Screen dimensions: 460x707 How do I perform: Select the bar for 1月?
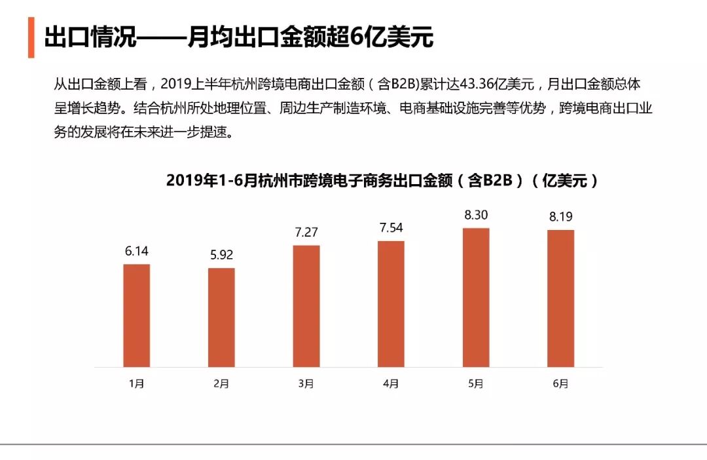tap(137, 315)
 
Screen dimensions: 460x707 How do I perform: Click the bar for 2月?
tap(221, 317)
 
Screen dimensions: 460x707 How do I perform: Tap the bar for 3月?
tap(306, 306)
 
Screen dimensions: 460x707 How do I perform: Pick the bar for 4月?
tap(391, 303)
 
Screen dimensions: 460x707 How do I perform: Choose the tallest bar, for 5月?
tap(476, 297)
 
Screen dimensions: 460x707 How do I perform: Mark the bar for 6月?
tap(560, 298)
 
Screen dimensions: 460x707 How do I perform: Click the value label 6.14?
tap(137, 250)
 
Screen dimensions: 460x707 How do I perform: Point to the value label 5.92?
tap(221, 254)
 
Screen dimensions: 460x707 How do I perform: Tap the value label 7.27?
tap(306, 232)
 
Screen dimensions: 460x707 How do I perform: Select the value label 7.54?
tap(391, 227)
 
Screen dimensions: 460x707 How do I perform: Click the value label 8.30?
tap(476, 214)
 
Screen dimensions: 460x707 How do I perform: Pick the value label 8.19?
tap(561, 216)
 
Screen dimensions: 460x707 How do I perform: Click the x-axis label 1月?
tap(137, 384)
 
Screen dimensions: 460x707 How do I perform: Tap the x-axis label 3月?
tap(306, 384)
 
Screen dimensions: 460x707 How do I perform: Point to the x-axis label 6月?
tap(561, 384)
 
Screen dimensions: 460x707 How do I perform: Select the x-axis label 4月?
tap(391, 384)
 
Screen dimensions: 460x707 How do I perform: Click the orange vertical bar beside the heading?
tap(31, 38)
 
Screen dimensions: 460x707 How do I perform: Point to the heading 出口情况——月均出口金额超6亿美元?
tap(239, 38)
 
